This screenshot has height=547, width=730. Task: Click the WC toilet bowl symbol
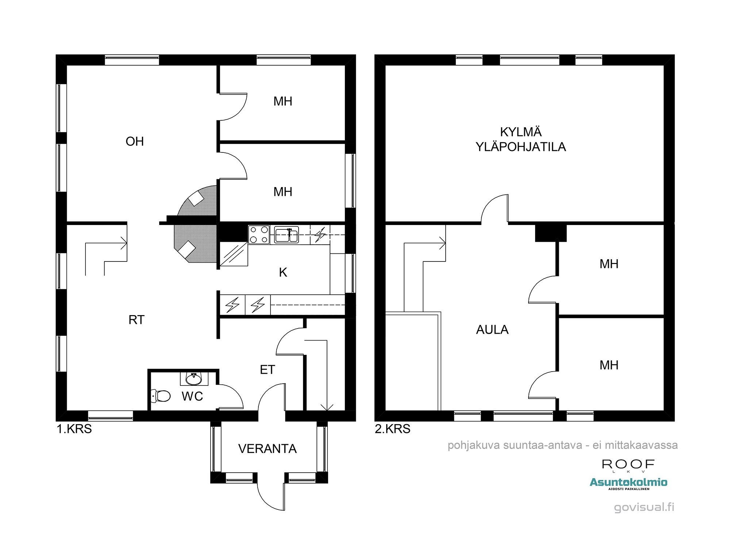[x=161, y=396]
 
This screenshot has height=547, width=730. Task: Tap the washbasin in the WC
[x=194, y=379]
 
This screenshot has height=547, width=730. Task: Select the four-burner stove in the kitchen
[x=259, y=234]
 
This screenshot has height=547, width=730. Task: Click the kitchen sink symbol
[x=287, y=234]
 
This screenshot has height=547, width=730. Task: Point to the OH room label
[x=135, y=141]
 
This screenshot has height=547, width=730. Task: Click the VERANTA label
[x=267, y=449]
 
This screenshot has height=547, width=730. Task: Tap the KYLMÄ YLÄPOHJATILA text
[x=521, y=139]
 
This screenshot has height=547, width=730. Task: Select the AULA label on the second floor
[x=492, y=330]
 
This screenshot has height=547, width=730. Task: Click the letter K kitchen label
[x=283, y=272]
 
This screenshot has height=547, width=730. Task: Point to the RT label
[x=137, y=320]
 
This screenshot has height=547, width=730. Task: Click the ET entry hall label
[x=267, y=370]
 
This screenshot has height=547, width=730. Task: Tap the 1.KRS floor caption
[x=74, y=429]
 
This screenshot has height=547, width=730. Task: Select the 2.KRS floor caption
[x=392, y=429]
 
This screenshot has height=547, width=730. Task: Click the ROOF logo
[x=628, y=465]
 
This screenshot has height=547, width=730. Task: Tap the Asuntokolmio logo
[x=628, y=483]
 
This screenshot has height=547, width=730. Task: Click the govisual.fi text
[x=644, y=507]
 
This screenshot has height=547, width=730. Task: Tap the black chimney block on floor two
[x=550, y=233]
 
